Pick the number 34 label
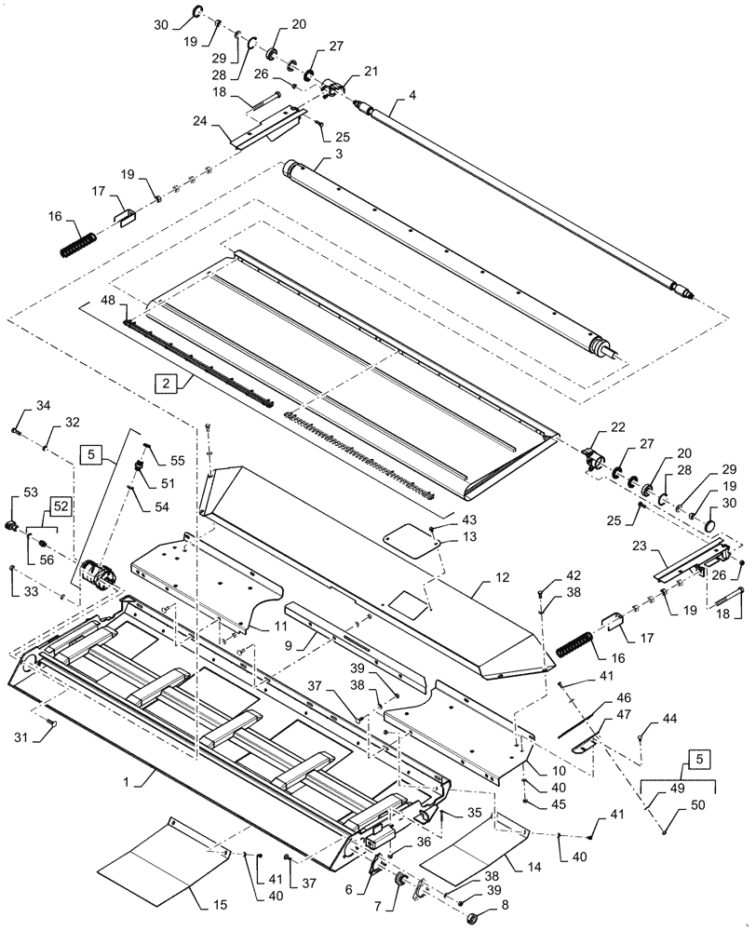pos(43,405)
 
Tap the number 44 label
pos(670,719)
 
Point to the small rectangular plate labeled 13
pos(412,540)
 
